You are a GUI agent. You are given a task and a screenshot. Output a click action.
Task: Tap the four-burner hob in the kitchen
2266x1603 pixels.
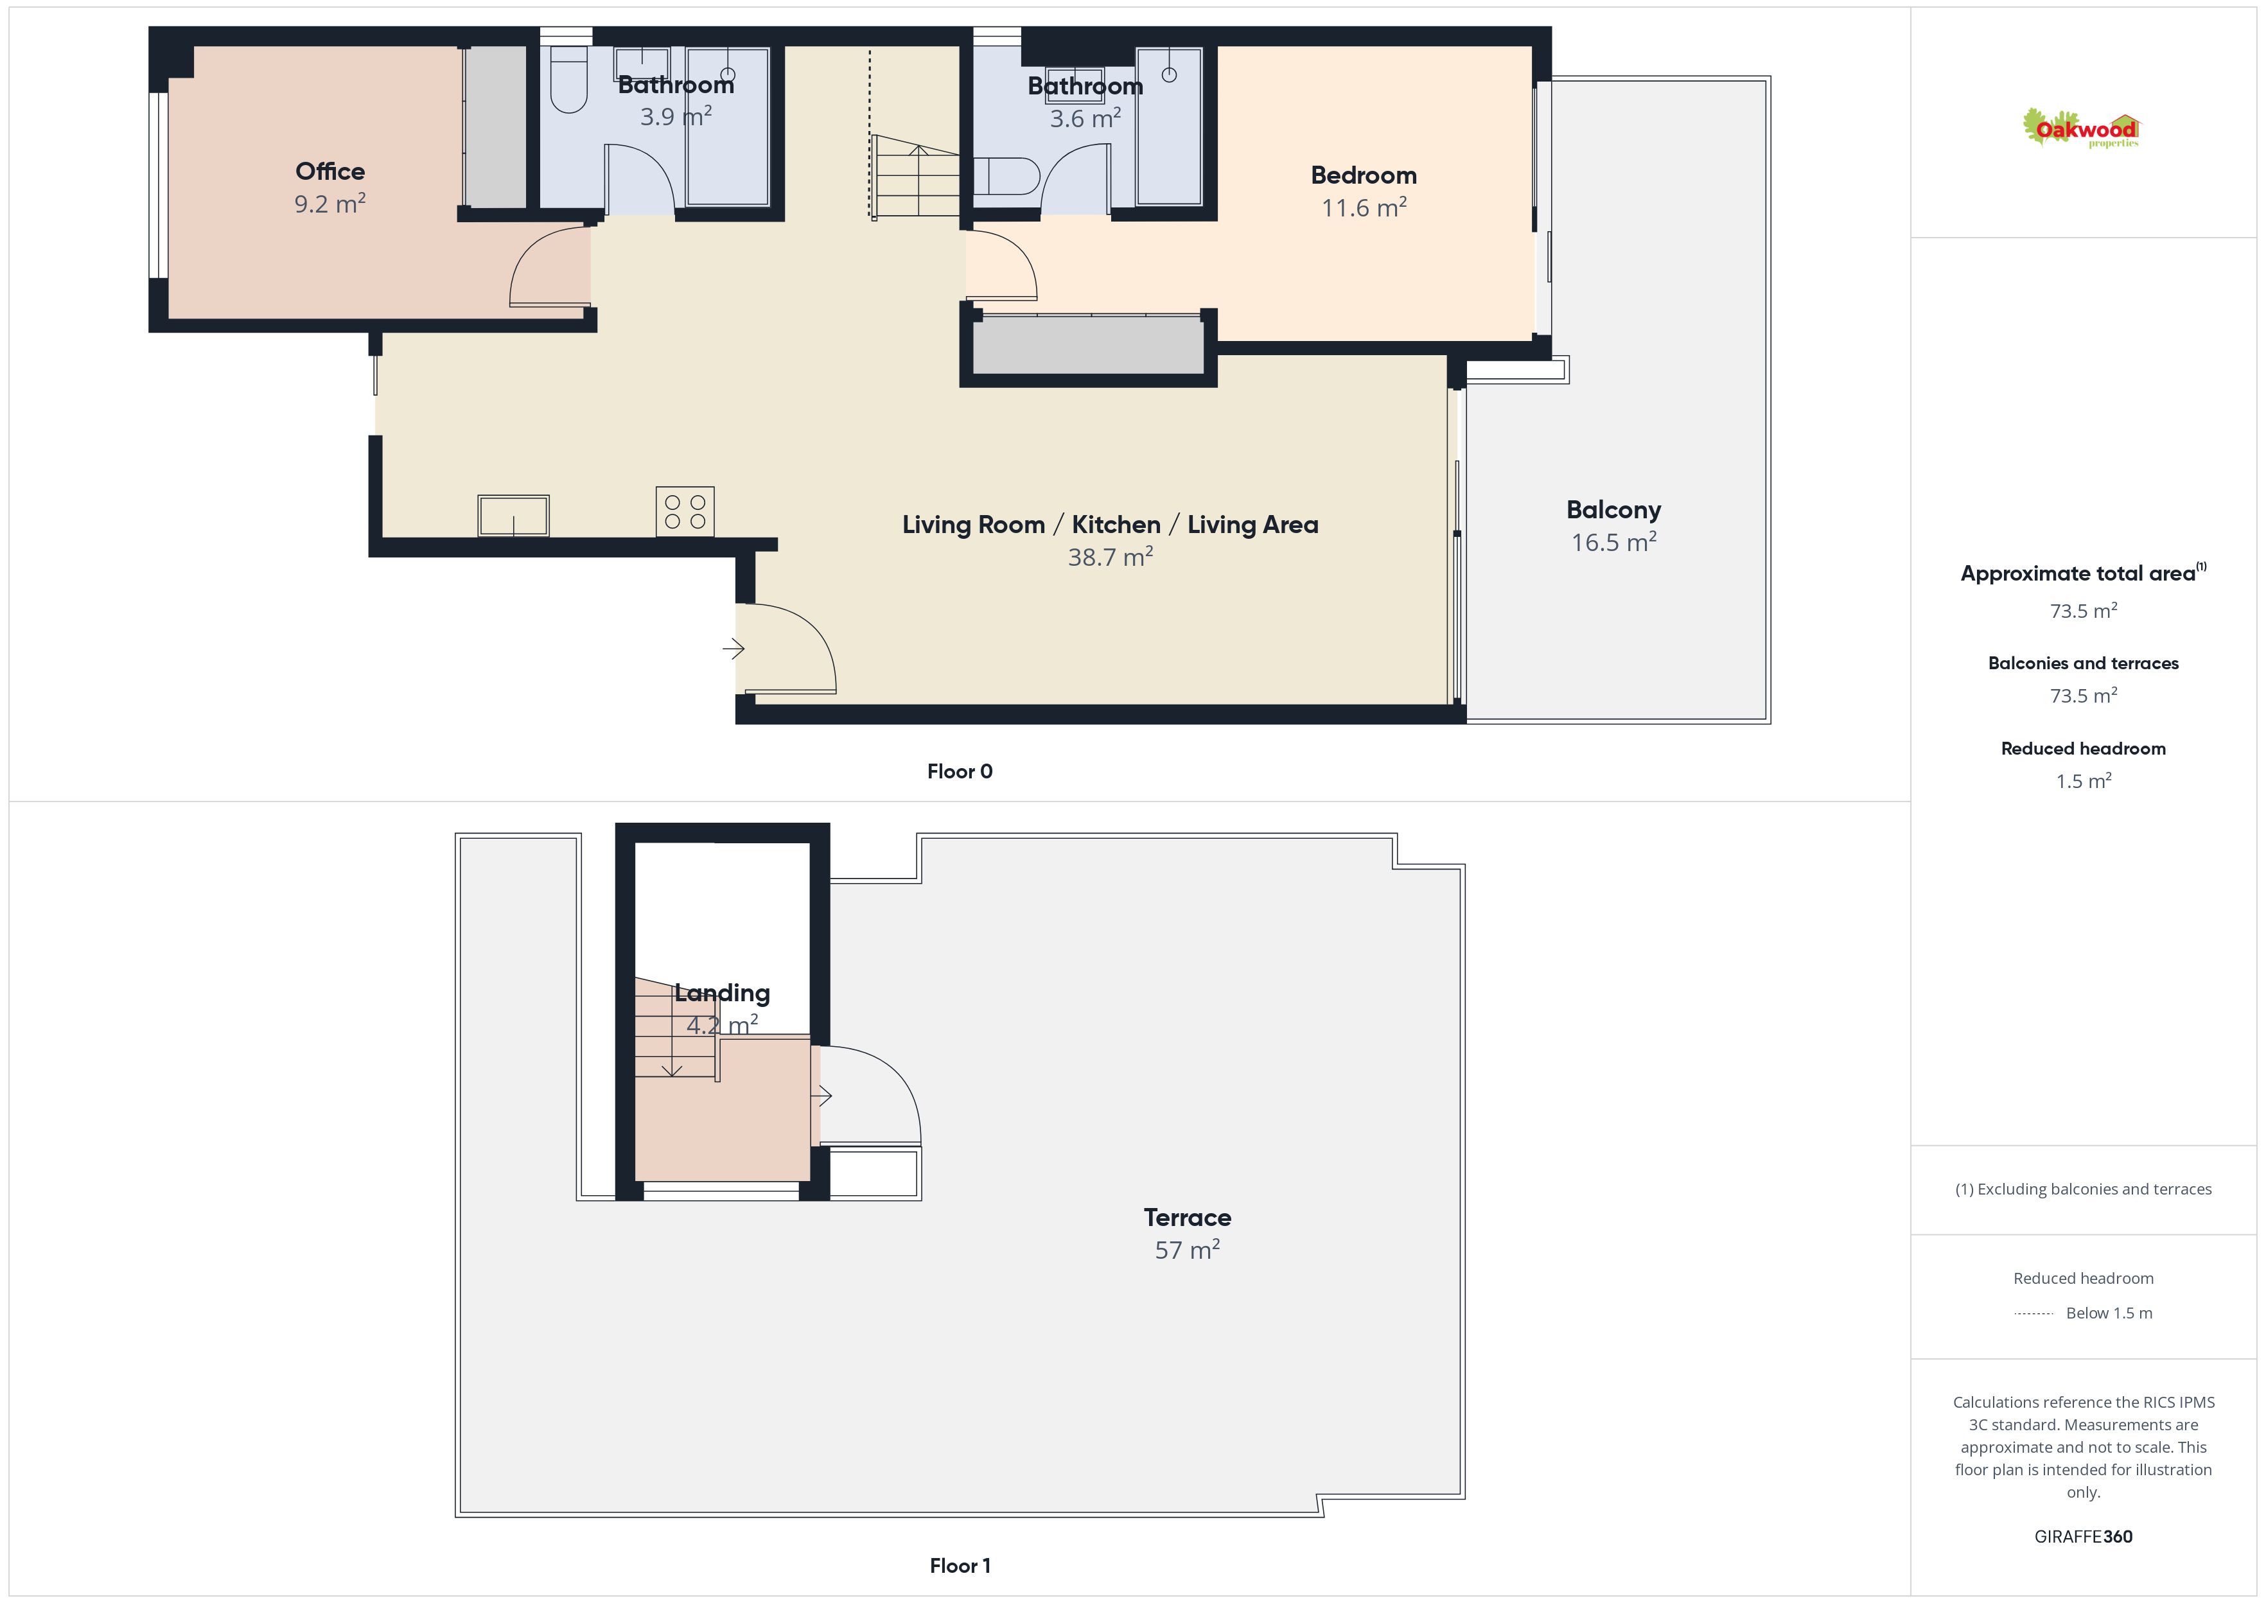[685, 511]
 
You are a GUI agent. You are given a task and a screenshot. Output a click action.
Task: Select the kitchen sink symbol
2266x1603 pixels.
[513, 515]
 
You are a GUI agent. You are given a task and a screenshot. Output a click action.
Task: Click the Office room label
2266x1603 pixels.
[329, 171]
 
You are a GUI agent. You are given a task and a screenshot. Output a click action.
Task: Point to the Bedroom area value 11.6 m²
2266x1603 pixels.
[1364, 207]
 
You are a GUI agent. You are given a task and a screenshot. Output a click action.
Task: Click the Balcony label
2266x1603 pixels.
[1613, 511]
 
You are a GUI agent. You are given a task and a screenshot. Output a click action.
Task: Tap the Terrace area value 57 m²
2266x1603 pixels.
[1188, 1250]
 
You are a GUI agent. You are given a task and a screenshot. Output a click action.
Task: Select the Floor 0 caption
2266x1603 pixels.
[960, 772]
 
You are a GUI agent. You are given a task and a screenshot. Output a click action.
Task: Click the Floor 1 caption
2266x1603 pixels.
[960, 1566]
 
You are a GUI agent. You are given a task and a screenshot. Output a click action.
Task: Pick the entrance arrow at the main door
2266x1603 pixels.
[733, 649]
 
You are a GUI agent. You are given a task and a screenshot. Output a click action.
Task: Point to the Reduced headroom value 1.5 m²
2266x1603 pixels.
[2084, 781]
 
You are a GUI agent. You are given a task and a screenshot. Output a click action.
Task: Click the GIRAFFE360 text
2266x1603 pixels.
[2084, 1537]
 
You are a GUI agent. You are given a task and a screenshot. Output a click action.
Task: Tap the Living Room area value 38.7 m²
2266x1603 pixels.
[1111, 557]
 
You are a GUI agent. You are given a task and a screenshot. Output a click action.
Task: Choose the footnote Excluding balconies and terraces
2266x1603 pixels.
[2084, 1189]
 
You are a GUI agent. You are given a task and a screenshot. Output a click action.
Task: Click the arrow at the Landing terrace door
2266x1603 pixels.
[821, 1094]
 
